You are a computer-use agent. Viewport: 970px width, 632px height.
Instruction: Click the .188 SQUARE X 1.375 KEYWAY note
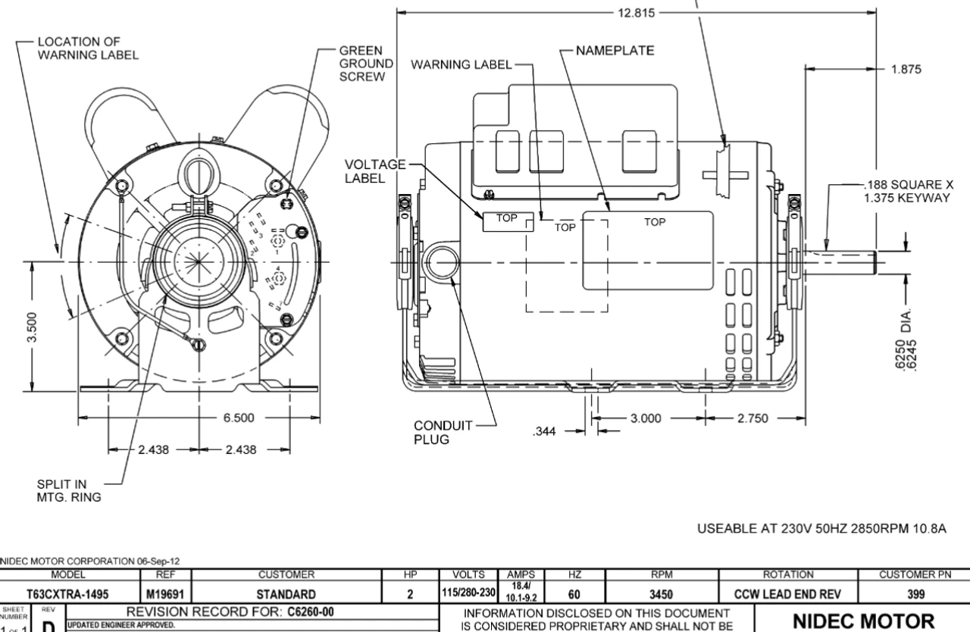tap(903, 190)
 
